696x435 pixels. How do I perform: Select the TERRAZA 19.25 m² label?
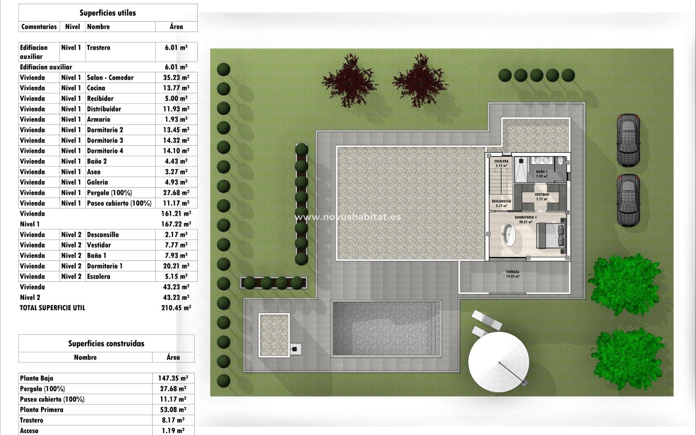coord(513,274)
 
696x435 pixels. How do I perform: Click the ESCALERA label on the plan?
coord(501,161)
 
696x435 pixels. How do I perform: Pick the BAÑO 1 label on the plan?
coord(542,172)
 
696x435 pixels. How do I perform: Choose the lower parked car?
coord(628,200)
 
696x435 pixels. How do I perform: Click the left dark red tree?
coord(349,80)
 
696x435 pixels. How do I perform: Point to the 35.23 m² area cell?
coord(176,78)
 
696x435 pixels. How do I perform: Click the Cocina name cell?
coord(96,88)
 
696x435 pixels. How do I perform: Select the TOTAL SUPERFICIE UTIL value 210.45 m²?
coord(176,308)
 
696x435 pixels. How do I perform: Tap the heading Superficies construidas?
coord(106,344)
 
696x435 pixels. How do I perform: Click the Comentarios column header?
coord(39,26)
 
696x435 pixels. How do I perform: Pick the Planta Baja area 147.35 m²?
coord(173,378)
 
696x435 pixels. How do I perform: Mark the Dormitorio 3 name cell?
coord(105,140)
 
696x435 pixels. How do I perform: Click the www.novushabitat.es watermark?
coord(348,217)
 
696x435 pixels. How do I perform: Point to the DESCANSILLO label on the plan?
coord(501,201)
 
